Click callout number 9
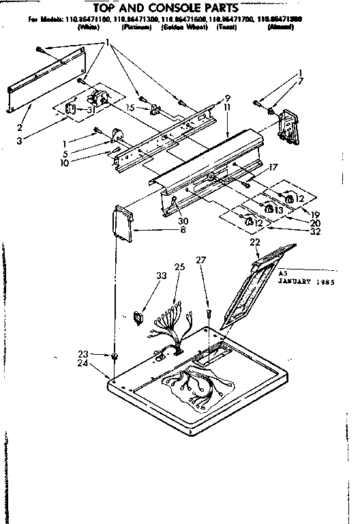(x=227, y=98)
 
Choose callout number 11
(x=227, y=107)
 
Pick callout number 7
(x=302, y=82)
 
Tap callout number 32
(x=314, y=231)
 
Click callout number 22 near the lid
(x=254, y=242)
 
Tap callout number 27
(x=200, y=259)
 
